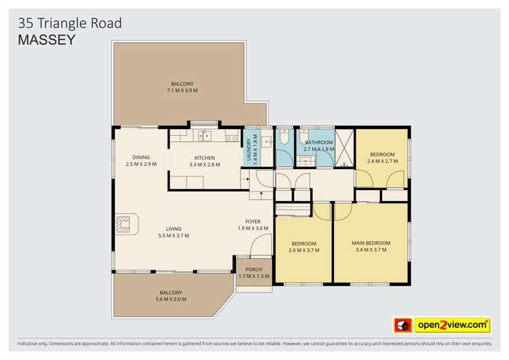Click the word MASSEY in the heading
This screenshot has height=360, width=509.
click(x=46, y=39)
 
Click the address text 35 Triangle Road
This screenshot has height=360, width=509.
click(x=70, y=23)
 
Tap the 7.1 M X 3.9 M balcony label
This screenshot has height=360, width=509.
click(x=182, y=91)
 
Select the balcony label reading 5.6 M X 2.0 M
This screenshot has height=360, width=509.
click(x=170, y=299)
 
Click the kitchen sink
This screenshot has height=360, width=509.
click(x=204, y=137)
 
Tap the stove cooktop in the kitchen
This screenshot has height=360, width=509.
click(x=231, y=138)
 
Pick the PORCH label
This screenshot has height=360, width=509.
click(x=254, y=270)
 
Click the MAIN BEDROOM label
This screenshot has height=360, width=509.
click(x=371, y=243)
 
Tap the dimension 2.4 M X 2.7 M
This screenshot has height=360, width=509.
click(x=382, y=162)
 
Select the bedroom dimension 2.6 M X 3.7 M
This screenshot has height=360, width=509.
click(x=304, y=250)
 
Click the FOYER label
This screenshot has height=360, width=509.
click(x=253, y=221)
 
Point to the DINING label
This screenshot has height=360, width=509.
click(x=140, y=158)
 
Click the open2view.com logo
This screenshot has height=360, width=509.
click(x=453, y=325)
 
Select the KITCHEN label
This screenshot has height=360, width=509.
click(x=204, y=158)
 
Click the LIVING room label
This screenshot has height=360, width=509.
click(x=173, y=229)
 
